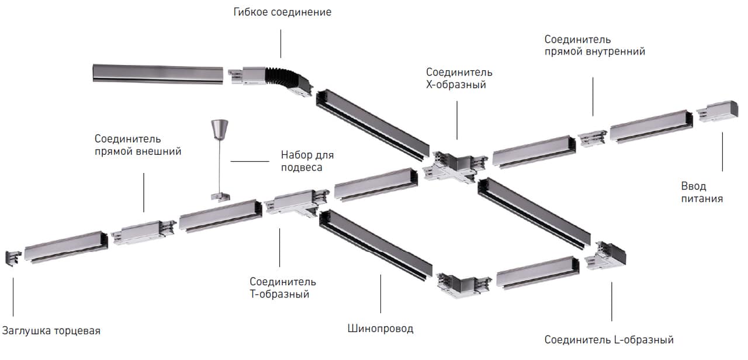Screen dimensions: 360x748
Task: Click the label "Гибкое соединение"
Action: pyautogui.click(x=282, y=12)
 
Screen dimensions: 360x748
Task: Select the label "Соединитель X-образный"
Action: pyautogui.click(x=459, y=78)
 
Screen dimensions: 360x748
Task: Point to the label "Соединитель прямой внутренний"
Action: pyautogui.click(x=594, y=46)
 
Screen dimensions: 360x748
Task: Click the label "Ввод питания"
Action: pyautogui.click(x=701, y=192)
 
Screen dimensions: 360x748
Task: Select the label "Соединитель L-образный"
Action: pyautogui.click(x=609, y=340)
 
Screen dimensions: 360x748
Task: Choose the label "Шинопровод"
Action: pyautogui.click(x=380, y=328)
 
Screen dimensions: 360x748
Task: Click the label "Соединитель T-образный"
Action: pyautogui.click(x=282, y=288)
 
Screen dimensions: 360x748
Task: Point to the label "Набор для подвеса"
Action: pyautogui.click(x=307, y=161)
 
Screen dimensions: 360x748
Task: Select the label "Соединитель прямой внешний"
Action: pyautogui.click(x=138, y=145)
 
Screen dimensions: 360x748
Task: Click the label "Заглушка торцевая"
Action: pyautogui.click(x=51, y=331)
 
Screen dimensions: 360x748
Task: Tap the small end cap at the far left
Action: pyautogui.click(x=13, y=257)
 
